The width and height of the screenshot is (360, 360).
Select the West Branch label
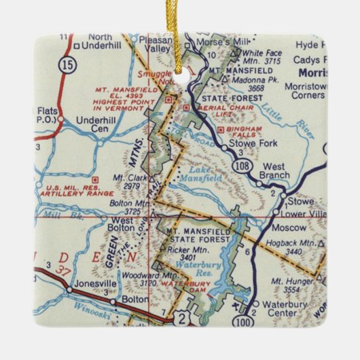coord(278,171)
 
